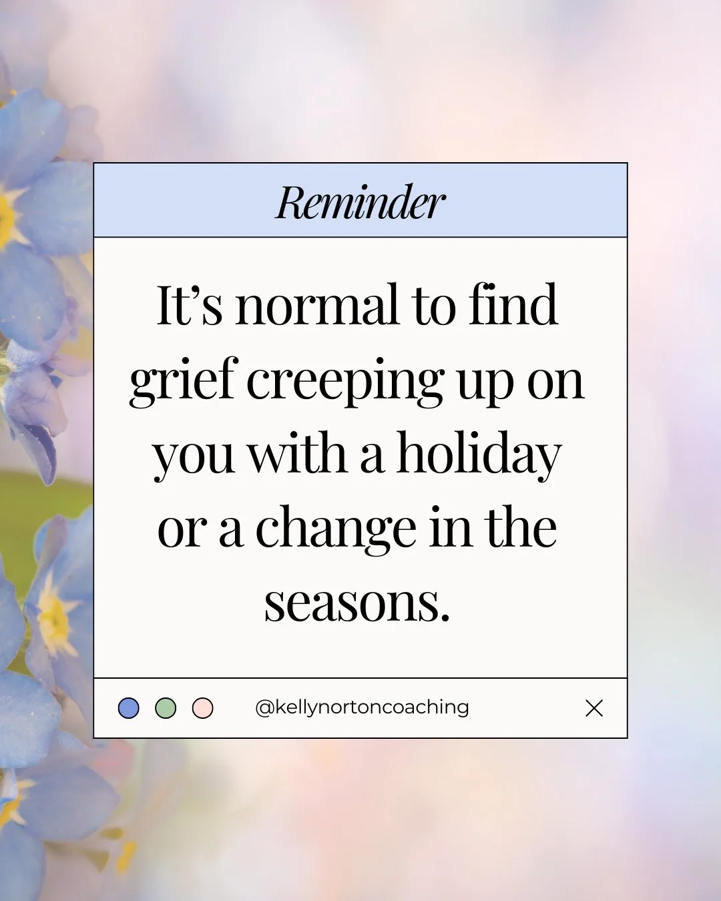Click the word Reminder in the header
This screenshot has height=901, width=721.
point(360,202)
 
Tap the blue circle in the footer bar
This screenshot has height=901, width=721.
point(129,708)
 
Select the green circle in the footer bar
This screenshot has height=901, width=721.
point(166,708)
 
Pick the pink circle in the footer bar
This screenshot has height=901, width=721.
point(202,708)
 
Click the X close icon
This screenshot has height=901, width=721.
point(593,708)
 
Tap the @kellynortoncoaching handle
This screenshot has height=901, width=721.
point(362,707)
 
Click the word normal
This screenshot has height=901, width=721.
point(317,306)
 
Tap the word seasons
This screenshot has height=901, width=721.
point(356,602)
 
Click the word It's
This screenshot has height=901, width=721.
point(189,305)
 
